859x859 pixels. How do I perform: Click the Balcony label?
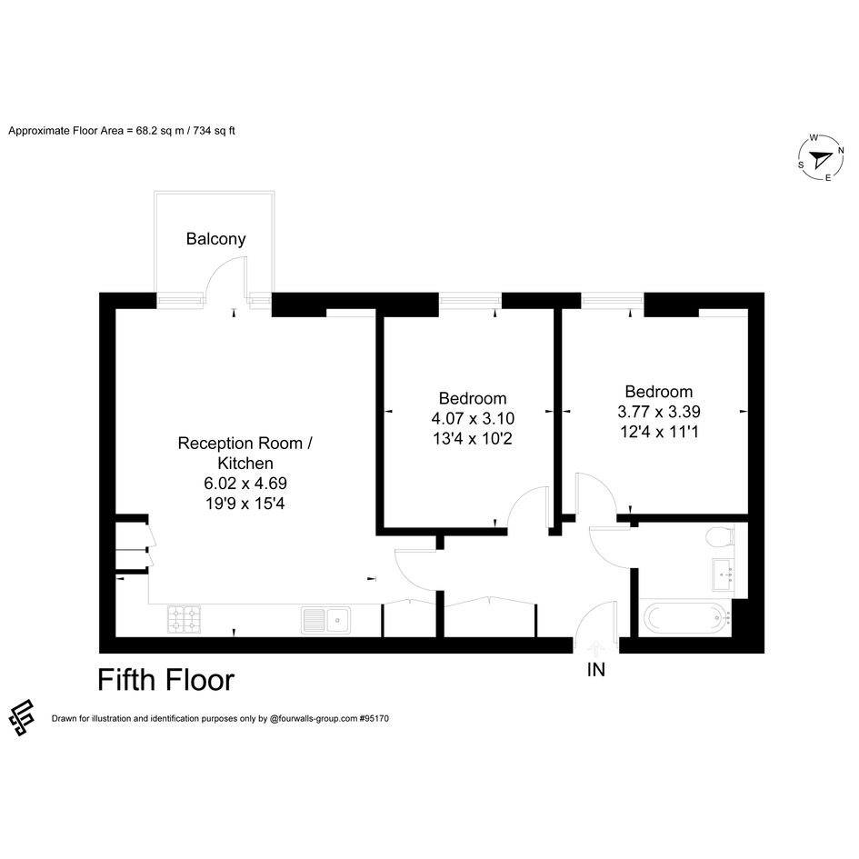(215, 239)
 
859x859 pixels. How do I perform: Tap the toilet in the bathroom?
(720, 536)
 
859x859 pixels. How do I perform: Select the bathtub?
(686, 617)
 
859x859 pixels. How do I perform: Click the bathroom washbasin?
(724, 574)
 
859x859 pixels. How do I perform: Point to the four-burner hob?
(184, 619)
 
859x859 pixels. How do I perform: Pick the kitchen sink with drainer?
(326, 620)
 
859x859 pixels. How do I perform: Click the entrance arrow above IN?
(596, 649)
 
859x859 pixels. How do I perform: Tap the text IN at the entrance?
(596, 669)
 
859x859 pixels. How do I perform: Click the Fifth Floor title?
(166, 680)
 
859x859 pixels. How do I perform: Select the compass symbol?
(820, 158)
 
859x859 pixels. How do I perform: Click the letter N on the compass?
(841, 150)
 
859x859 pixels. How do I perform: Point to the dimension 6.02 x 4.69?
(245, 484)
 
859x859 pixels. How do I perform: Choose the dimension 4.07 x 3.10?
(473, 418)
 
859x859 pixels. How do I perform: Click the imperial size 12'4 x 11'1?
(659, 432)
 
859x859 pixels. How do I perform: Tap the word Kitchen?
(245, 464)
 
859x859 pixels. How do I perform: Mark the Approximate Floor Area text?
(122, 131)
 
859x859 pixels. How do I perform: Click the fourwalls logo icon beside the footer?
(22, 717)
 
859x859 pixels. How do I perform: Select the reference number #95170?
(375, 718)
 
